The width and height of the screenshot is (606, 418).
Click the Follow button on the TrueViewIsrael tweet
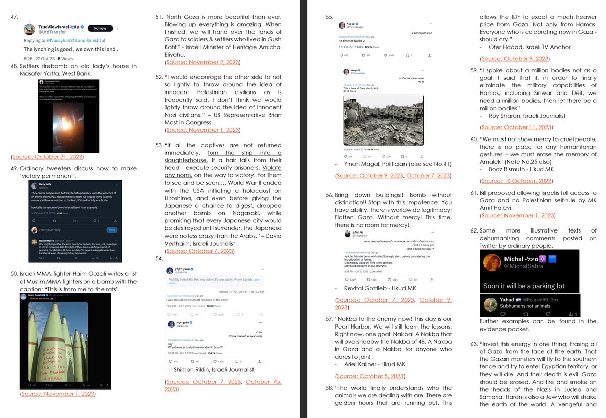(99, 28)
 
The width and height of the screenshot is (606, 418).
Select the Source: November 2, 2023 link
(202, 62)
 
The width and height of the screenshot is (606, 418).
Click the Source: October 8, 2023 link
(369, 376)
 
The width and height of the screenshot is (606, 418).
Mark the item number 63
(474, 344)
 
